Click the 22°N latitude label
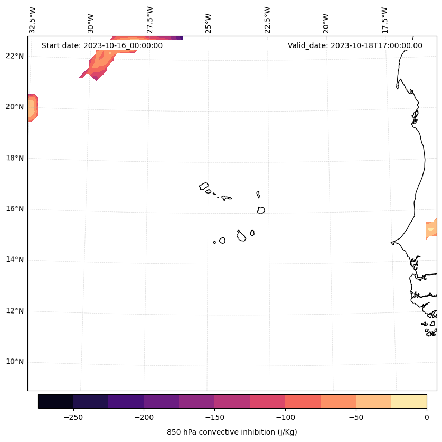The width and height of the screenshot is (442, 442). pyautogui.click(x=15, y=56)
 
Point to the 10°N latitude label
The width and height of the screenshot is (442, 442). pyautogui.click(x=15, y=362)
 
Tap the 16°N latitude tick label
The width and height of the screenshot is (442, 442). pyautogui.click(x=15, y=209)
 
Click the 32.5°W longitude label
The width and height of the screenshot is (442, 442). pyautogui.click(x=33, y=20)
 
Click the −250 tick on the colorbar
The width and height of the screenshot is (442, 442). pyautogui.click(x=73, y=417)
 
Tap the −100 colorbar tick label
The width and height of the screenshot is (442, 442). pyautogui.click(x=285, y=417)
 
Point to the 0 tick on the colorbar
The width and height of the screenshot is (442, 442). pyautogui.click(x=426, y=417)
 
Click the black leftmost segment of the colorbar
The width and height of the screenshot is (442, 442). pyautogui.click(x=55, y=401)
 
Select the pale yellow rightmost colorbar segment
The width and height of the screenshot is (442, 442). pyautogui.click(x=409, y=401)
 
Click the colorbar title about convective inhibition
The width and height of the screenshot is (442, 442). pyautogui.click(x=232, y=432)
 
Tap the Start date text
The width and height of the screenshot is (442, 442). pyautogui.click(x=102, y=45)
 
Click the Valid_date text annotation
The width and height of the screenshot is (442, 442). pyautogui.click(x=355, y=45)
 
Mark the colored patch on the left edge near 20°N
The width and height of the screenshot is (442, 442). pyautogui.click(x=32, y=108)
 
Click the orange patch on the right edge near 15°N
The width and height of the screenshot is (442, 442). pyautogui.click(x=431, y=229)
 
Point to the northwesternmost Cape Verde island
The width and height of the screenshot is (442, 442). pyautogui.click(x=204, y=186)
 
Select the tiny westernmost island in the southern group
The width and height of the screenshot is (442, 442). pyautogui.click(x=214, y=242)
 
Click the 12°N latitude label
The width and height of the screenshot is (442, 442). pyautogui.click(x=15, y=311)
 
